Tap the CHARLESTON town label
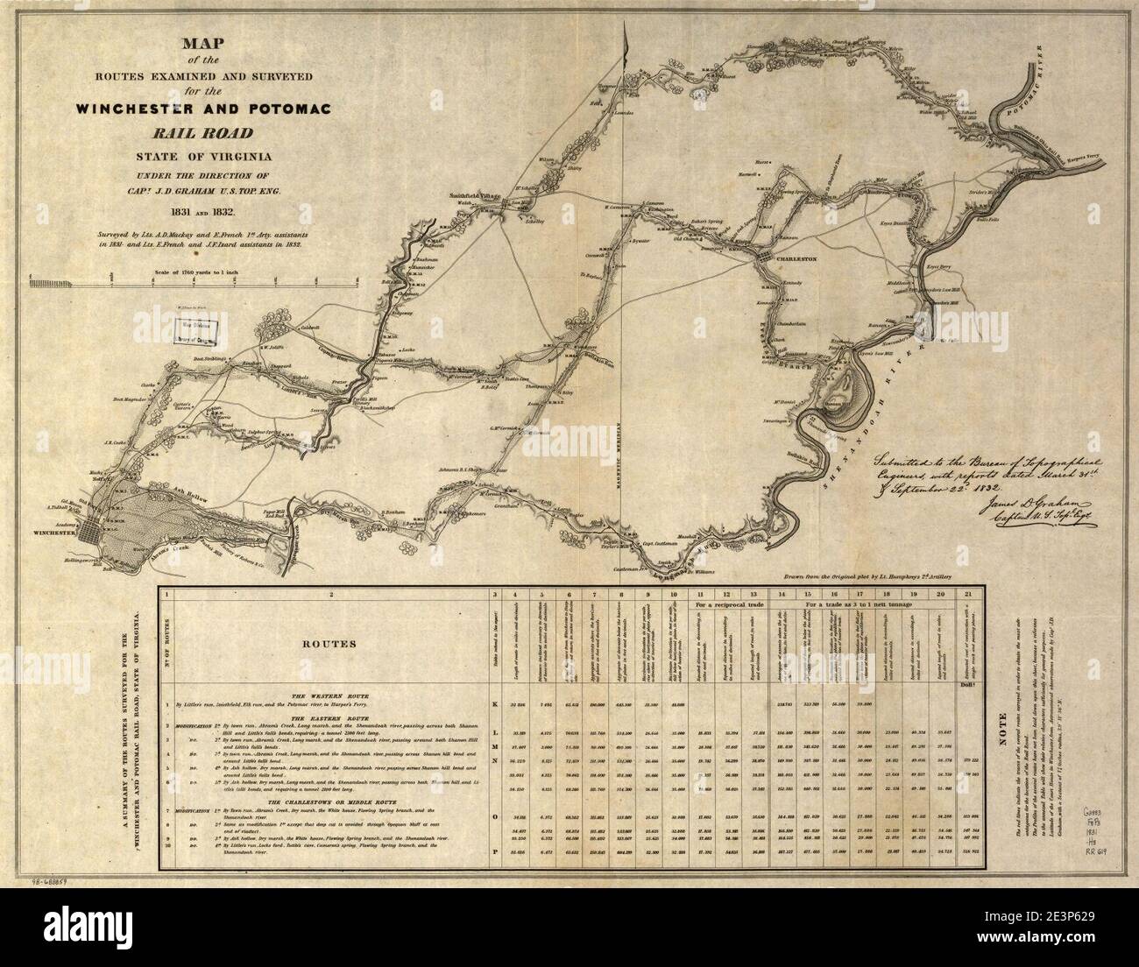coord(792,260)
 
